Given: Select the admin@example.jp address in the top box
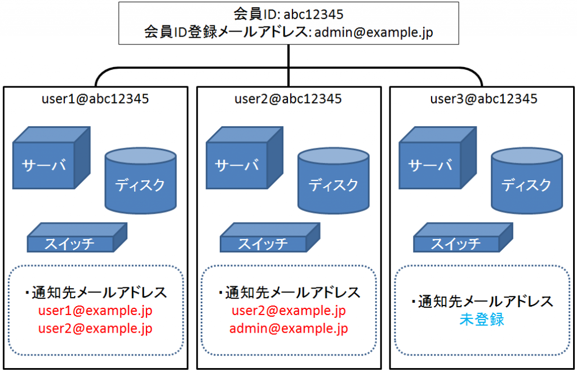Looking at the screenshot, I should (374, 33).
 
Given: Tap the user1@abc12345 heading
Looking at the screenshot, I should (95, 99).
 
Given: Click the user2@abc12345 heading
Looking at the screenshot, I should (288, 99).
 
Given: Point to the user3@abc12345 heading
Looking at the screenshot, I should (483, 99).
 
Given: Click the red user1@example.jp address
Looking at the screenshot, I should (95, 311).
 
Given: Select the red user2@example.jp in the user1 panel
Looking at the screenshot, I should (95, 328).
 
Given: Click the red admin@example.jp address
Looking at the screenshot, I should (288, 328).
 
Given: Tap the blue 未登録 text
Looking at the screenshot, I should (482, 320).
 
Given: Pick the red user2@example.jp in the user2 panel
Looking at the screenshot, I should (288, 311).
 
